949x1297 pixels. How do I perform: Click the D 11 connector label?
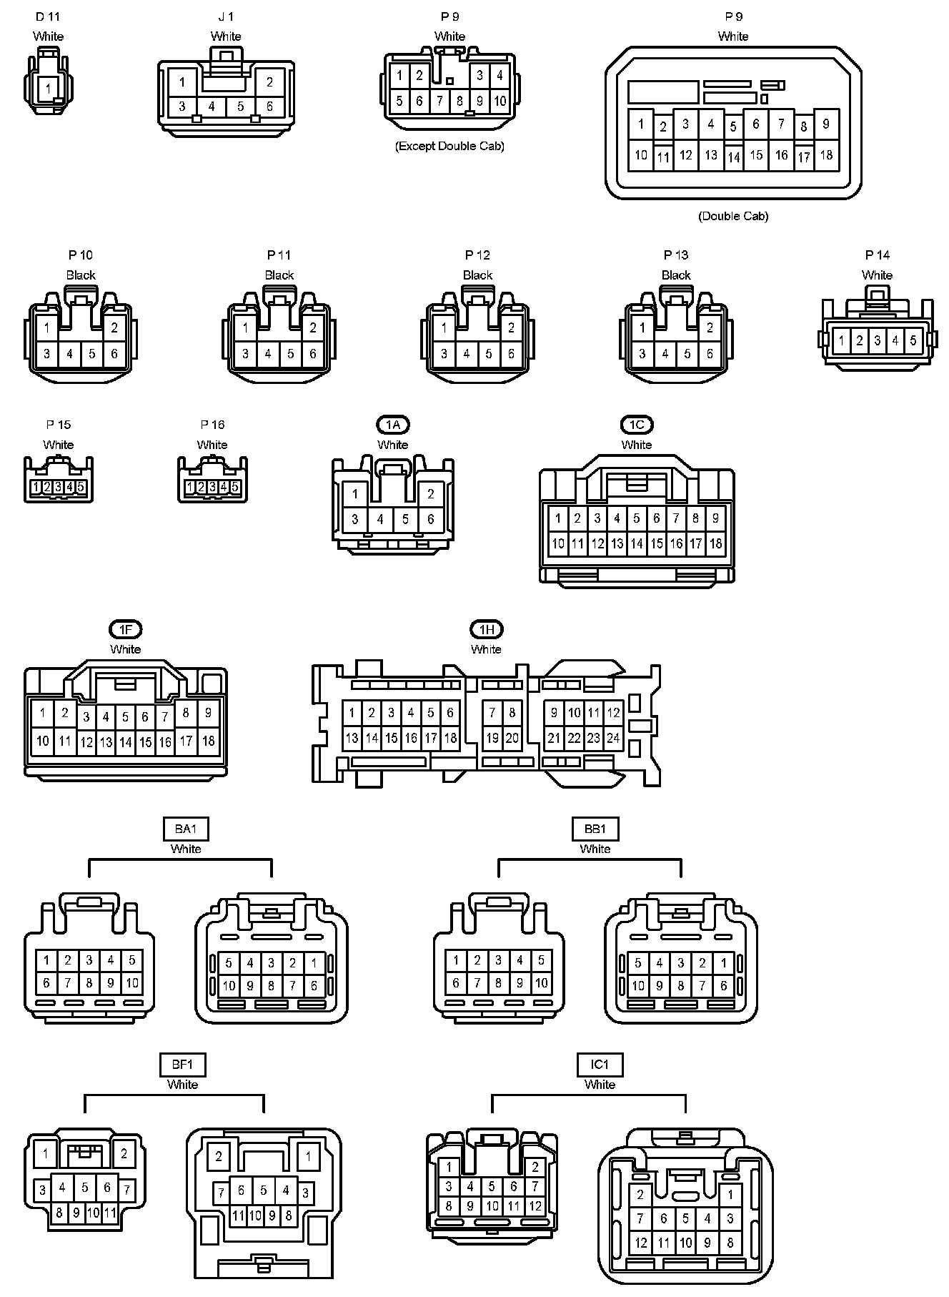pyautogui.click(x=48, y=16)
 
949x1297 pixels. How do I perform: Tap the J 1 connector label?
pyautogui.click(x=226, y=16)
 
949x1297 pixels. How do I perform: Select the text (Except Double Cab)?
pyautogui.click(x=449, y=146)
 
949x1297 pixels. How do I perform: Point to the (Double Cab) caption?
pyautogui.click(x=733, y=216)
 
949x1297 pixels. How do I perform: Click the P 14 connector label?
pyautogui.click(x=877, y=255)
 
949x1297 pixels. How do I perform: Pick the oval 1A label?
pyautogui.click(x=393, y=425)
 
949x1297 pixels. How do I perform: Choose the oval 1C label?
pyautogui.click(x=636, y=425)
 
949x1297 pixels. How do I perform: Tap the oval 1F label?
pyautogui.click(x=126, y=630)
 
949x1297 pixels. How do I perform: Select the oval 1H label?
pyautogui.click(x=486, y=630)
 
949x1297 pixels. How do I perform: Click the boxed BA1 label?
pyautogui.click(x=186, y=829)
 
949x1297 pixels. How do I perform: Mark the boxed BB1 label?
pyautogui.click(x=595, y=829)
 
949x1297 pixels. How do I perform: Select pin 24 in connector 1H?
pyautogui.click(x=613, y=738)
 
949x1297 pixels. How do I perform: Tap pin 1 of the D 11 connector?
pyautogui.click(x=48, y=89)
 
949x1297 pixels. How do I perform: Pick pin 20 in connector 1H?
pyautogui.click(x=512, y=738)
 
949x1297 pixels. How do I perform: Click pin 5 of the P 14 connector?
pyautogui.click(x=913, y=341)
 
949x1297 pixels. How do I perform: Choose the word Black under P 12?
pyautogui.click(x=477, y=275)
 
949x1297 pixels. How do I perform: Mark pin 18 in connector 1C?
pyautogui.click(x=715, y=543)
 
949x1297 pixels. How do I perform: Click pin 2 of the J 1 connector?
pyautogui.click(x=269, y=82)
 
